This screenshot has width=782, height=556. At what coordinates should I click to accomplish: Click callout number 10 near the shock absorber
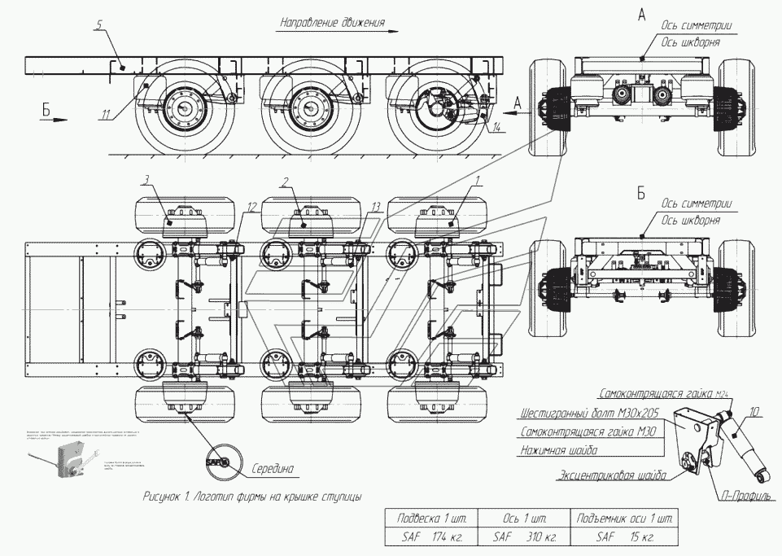coord(755,413)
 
